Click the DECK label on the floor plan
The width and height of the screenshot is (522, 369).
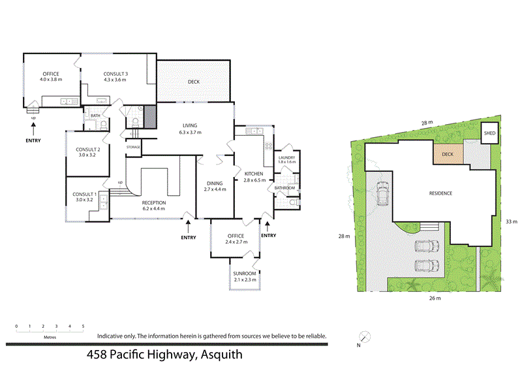(193, 82)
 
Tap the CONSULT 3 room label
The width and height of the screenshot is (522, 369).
(115, 74)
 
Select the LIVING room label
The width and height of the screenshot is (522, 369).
(191, 125)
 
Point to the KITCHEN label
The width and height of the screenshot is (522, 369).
(254, 174)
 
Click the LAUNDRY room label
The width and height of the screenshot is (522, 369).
(286, 157)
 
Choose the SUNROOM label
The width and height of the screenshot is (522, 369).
(245, 275)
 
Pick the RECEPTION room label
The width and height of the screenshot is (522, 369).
(154, 202)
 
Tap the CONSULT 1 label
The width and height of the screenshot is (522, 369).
(84, 194)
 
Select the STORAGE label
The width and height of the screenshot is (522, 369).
(133, 147)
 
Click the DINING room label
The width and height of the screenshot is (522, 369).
(215, 183)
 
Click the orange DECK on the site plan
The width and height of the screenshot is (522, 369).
(448, 155)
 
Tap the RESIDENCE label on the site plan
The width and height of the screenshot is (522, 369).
(440, 193)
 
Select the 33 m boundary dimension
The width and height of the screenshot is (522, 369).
(512, 221)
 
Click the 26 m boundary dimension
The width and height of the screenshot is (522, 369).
(435, 298)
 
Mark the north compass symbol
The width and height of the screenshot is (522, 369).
(365, 336)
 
